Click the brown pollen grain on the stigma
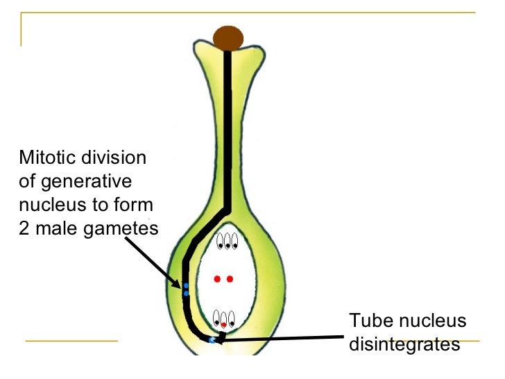point(228,38)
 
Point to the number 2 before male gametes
point(24,229)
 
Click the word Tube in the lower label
point(366,321)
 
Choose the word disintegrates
point(405,344)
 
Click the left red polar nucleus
point(217,279)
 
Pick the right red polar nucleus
point(230,279)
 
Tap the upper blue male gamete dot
point(186,285)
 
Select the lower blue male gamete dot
point(186,294)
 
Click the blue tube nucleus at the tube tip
point(212,340)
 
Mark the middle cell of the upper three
point(227,241)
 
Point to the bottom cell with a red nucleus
point(223,320)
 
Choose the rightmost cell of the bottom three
point(232,319)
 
